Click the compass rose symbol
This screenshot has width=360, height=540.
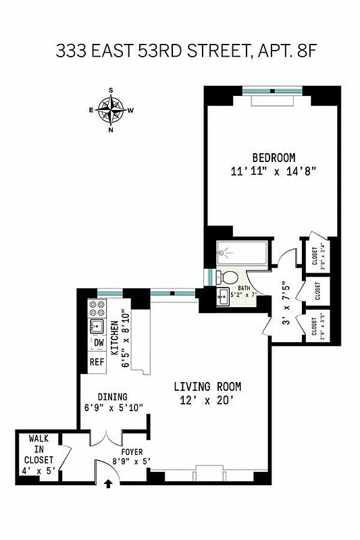(x=111, y=109)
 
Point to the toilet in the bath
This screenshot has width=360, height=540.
(x=230, y=276)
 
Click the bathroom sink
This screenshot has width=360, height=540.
(x=222, y=296)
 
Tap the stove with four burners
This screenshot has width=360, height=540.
(x=96, y=309)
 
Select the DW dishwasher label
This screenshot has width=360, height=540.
(x=98, y=343)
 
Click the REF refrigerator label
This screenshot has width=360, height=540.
(x=97, y=362)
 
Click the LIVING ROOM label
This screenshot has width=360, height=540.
(x=207, y=387)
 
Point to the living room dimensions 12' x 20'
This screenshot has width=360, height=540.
(x=207, y=400)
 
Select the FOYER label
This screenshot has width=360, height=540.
(x=131, y=452)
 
